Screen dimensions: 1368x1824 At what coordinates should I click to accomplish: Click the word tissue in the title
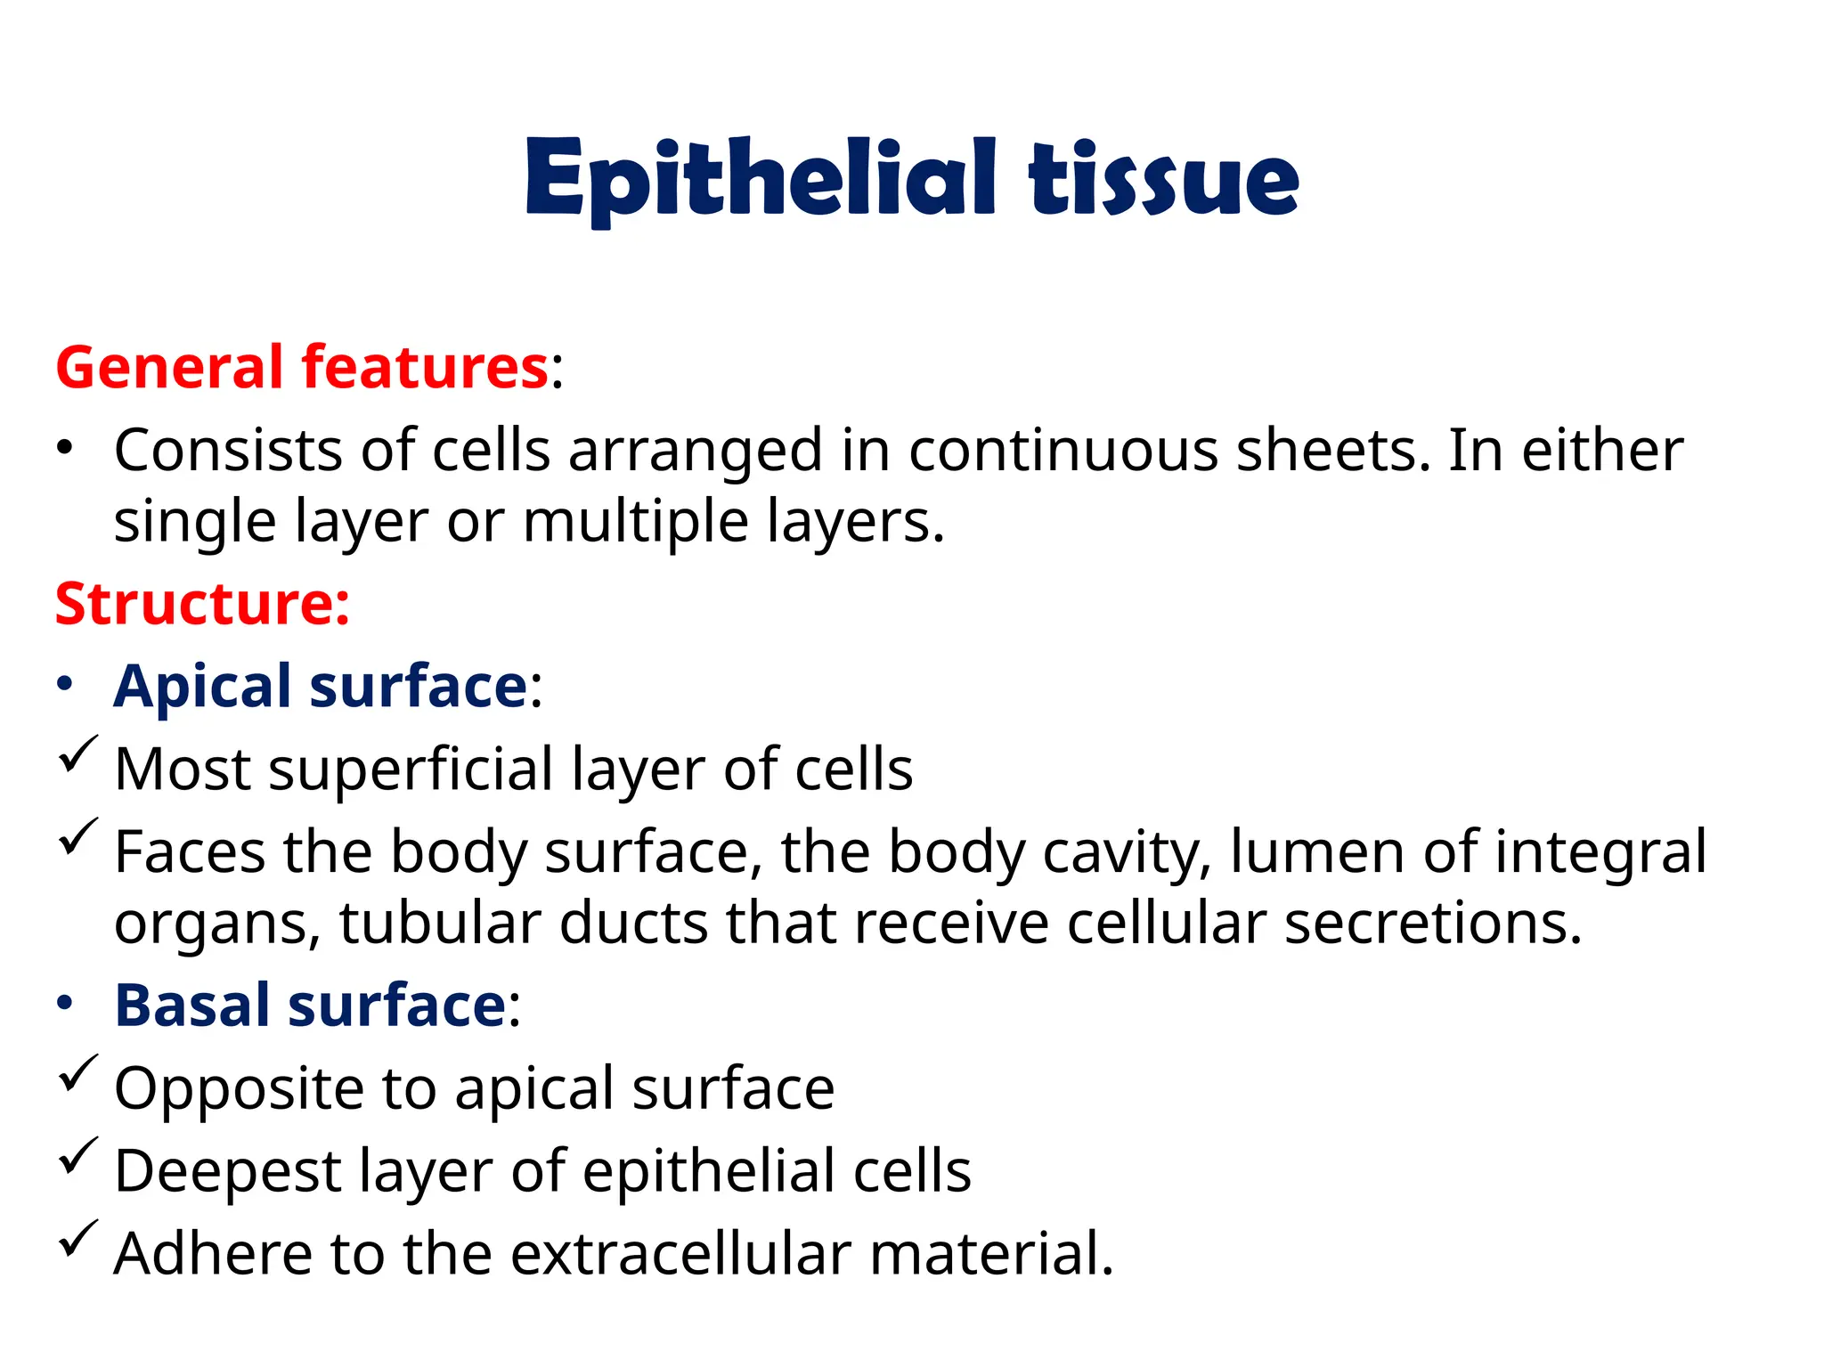click(1163, 178)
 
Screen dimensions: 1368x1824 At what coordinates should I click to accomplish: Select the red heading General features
click(301, 367)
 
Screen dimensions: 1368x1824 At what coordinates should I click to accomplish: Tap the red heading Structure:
click(202, 604)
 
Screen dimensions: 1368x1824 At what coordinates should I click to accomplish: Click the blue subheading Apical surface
click(322, 686)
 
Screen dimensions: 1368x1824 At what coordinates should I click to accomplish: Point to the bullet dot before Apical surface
click(64, 684)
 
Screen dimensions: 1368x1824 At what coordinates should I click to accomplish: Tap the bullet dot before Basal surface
click(64, 1004)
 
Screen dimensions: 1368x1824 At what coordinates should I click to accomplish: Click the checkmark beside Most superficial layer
click(77, 755)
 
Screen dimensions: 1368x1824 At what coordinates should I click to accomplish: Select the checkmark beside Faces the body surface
click(77, 837)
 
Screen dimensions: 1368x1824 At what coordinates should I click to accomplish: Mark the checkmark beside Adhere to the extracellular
click(77, 1239)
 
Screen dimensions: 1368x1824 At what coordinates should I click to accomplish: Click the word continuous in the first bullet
click(1063, 450)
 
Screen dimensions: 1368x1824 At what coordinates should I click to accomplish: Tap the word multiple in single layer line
click(635, 522)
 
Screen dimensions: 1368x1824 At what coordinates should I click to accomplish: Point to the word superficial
click(411, 769)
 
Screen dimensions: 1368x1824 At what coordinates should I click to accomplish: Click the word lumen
click(1317, 851)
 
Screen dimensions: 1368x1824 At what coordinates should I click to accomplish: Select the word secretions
click(1433, 923)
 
